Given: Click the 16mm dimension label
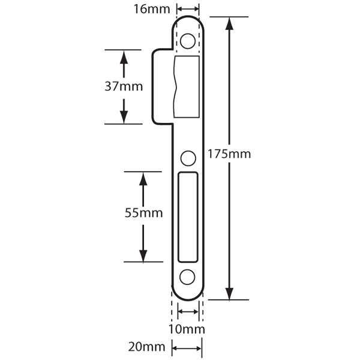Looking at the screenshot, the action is pyautogui.click(x=152, y=10).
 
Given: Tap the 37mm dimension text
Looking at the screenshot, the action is pyautogui.click(x=124, y=86).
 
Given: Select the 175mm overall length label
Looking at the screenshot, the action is pyautogui.click(x=229, y=154).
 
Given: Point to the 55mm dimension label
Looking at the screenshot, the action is pyautogui.click(x=144, y=213).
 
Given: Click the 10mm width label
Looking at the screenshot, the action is pyautogui.click(x=187, y=329).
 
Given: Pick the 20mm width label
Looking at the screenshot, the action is pyautogui.click(x=147, y=347).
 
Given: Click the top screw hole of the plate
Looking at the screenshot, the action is pyautogui.click(x=188, y=41).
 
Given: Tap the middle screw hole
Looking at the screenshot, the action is pyautogui.click(x=188, y=158).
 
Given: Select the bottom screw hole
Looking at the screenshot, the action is pyautogui.click(x=187, y=277).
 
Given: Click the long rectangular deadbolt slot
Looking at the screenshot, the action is pyautogui.click(x=188, y=217).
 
